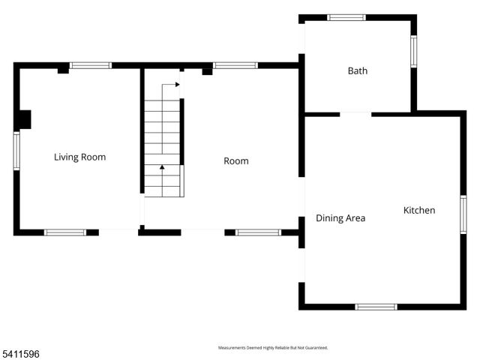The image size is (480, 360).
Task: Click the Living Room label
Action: [x=79, y=157]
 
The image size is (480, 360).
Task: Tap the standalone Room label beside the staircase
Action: [x=236, y=161]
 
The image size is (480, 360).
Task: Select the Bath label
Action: [x=357, y=71]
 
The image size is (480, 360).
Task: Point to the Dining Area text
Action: [x=340, y=218]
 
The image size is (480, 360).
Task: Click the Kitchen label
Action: [x=419, y=211]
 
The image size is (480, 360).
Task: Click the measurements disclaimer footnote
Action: [x=273, y=348]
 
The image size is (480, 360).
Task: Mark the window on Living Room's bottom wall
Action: [x=65, y=232]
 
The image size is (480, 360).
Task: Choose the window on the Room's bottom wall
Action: [x=258, y=232]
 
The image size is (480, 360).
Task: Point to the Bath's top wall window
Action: [x=346, y=17]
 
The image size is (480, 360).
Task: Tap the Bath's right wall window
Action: [x=413, y=52]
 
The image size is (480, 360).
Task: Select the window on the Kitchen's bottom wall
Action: [x=376, y=307]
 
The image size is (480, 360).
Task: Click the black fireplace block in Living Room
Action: [x=24, y=120]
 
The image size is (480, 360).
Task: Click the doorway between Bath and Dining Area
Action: [x=355, y=114]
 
